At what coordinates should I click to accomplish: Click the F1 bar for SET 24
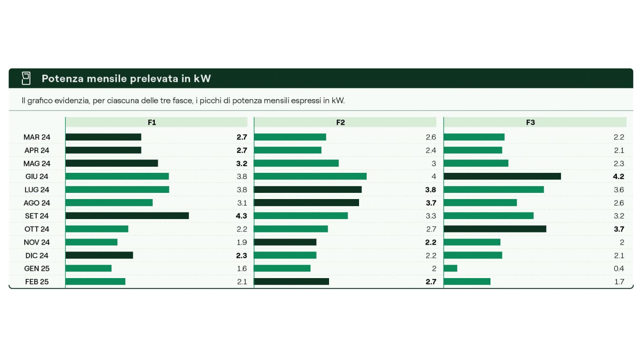(x=127, y=216)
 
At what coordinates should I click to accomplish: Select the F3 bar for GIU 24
(x=502, y=176)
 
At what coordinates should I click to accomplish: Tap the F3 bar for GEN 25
(x=450, y=268)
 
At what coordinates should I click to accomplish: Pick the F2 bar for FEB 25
(x=291, y=281)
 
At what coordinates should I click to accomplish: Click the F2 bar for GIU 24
(x=310, y=176)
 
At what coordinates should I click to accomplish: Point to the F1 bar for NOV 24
(x=91, y=242)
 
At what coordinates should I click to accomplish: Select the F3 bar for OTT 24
(x=495, y=229)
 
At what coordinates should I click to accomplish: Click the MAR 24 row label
(x=37, y=137)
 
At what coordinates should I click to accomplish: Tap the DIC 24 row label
(x=37, y=255)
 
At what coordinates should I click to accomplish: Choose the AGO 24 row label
(x=37, y=203)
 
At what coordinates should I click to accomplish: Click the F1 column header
(x=152, y=122)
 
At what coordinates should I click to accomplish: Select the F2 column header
(x=340, y=122)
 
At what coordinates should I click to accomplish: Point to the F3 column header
(x=530, y=122)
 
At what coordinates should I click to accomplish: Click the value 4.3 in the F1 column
(x=241, y=216)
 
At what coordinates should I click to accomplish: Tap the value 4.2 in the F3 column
(x=619, y=176)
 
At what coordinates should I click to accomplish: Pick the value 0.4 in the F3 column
(x=619, y=268)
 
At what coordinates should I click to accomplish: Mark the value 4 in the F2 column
(x=434, y=176)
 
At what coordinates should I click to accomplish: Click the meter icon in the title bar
(x=26, y=78)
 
